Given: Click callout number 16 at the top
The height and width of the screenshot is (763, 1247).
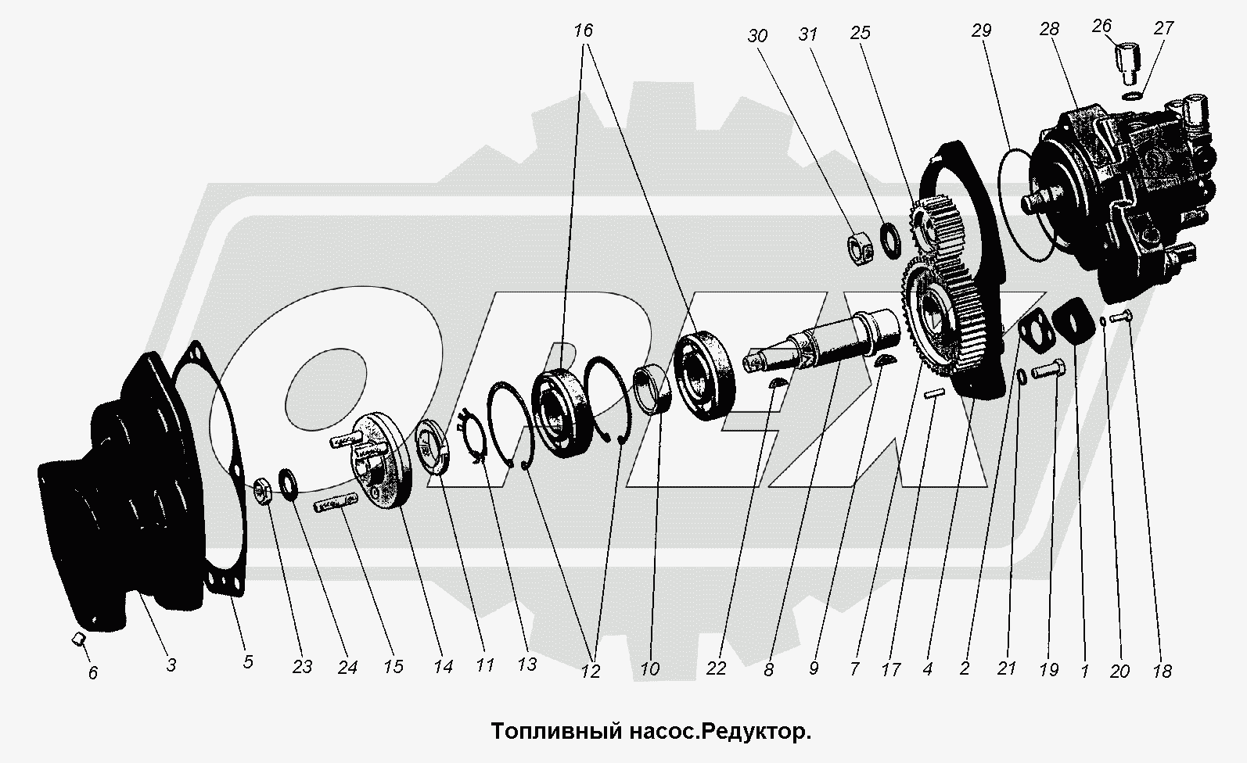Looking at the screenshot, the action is tap(584, 30).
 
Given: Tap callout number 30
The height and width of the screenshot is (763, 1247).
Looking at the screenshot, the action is tap(757, 36).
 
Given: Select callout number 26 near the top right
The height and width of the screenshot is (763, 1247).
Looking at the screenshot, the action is tap(1101, 26).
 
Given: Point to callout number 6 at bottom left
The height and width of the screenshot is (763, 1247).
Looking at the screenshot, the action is tap(93, 673).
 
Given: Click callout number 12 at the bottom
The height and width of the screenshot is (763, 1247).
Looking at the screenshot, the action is tap(590, 672).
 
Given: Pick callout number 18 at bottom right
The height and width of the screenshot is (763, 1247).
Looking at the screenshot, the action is tap(1163, 672).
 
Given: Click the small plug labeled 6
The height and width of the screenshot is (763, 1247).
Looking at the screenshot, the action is tap(78, 639).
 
